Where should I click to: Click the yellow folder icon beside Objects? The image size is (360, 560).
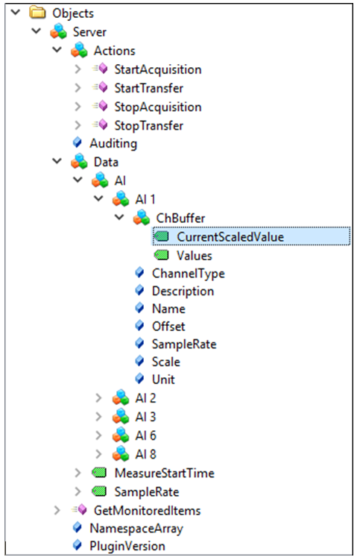37,13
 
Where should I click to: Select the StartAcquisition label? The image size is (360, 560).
158,69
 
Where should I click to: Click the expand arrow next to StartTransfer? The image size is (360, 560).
78,88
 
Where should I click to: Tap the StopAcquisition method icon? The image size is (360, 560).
100,106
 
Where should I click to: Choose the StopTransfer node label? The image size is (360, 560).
148,126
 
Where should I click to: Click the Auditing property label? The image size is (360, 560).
113,144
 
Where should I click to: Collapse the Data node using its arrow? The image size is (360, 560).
57,161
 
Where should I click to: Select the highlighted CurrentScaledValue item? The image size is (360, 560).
230,237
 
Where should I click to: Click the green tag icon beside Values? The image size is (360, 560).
162,255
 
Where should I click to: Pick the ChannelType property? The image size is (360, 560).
189,274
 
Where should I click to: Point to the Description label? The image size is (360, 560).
183,291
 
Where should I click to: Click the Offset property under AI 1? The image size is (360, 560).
168,327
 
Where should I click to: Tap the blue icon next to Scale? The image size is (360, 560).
139,361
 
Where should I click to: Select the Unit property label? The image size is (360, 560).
163,380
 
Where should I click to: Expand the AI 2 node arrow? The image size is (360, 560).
98,398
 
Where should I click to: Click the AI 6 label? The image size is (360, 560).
146,435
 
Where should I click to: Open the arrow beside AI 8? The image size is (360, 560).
98,454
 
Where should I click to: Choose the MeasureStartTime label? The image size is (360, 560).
164,474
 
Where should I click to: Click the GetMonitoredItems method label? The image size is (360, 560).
147,511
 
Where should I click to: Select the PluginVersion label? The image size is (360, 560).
127,546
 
